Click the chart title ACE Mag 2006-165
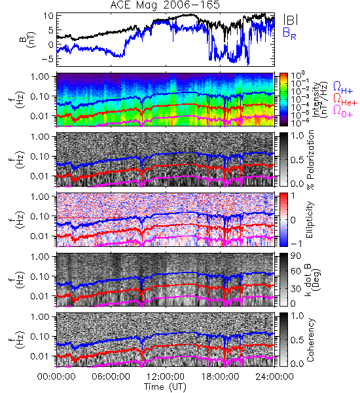pyautogui.click(x=165, y=5)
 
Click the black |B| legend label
pyautogui.click(x=291, y=19)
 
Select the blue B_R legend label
pyautogui.click(x=289, y=34)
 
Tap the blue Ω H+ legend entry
pyautogui.click(x=343, y=88)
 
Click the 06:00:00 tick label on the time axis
pyautogui.click(x=111, y=377)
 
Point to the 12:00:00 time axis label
pyautogui.click(x=166, y=377)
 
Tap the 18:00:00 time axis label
pyautogui.click(x=220, y=377)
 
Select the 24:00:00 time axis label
pyautogui.click(x=274, y=377)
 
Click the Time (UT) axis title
pyautogui.click(x=165, y=386)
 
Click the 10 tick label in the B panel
pyautogui.click(x=48, y=16)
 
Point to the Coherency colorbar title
pyautogui.click(x=310, y=340)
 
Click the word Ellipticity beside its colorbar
pyautogui.click(x=310, y=219)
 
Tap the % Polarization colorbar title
pyautogui.click(x=310, y=160)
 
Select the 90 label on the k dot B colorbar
pyautogui.click(x=296, y=256)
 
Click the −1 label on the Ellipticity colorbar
pyautogui.click(x=296, y=243)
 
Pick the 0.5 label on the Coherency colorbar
pyautogui.click(x=297, y=340)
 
